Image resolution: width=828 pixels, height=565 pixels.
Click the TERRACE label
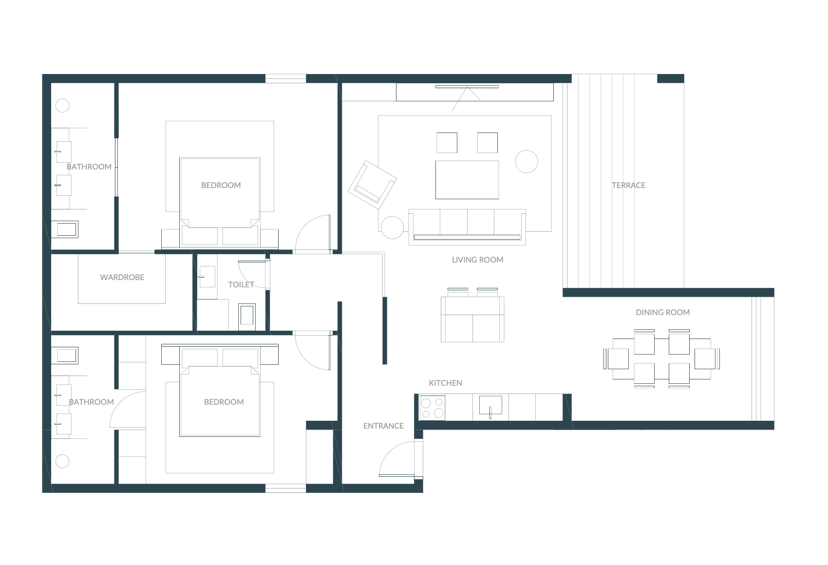628,185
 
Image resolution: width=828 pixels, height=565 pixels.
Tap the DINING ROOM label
663,312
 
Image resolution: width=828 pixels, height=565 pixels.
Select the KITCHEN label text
446,383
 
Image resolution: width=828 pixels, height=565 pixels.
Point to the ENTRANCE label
383,426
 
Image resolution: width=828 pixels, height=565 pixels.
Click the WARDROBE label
122,277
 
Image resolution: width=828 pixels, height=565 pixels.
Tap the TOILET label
241,285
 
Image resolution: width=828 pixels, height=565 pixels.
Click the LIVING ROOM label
478,260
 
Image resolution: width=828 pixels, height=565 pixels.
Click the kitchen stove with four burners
432,408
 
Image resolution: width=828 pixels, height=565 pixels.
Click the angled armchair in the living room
372,185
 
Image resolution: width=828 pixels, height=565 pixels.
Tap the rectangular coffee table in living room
467,180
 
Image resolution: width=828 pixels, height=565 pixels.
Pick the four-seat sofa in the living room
467,226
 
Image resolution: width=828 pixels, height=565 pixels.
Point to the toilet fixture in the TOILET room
246,317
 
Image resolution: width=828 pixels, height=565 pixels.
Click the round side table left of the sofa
392,227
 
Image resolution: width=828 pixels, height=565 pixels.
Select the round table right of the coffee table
527,162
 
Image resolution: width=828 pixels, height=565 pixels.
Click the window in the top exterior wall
285,78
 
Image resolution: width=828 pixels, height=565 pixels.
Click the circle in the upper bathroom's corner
62,106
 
